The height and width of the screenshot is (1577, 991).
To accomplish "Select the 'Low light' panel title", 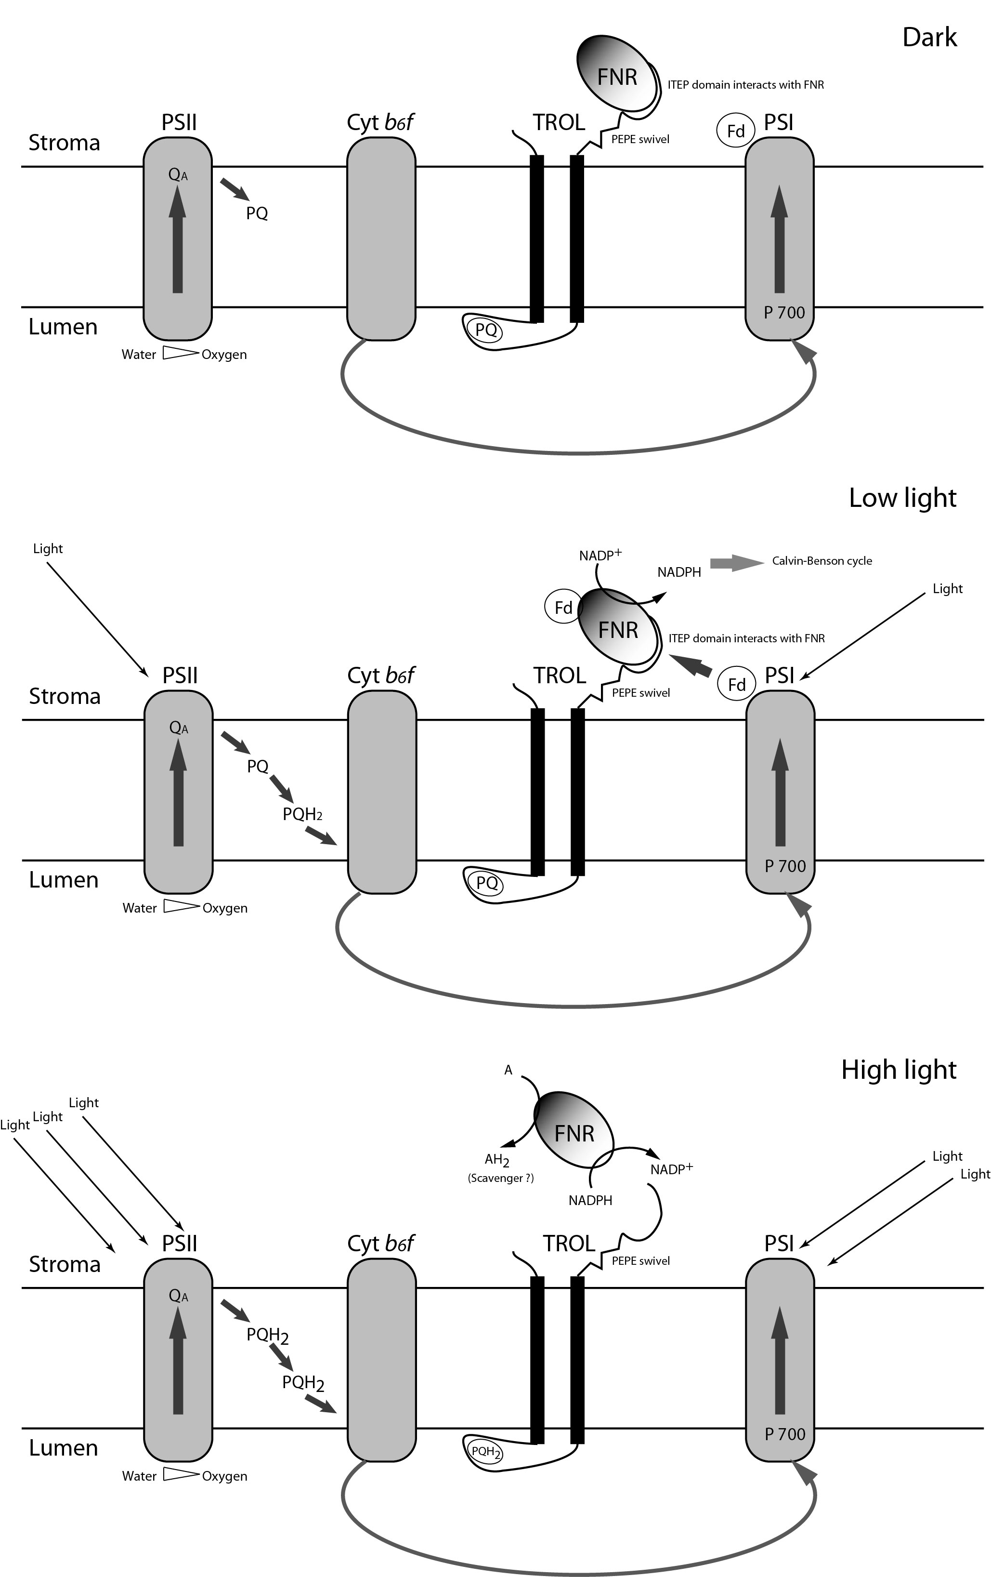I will coord(902,498).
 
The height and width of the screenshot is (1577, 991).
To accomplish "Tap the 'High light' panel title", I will coord(898,1070).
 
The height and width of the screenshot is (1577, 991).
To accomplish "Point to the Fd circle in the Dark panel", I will coord(735,131).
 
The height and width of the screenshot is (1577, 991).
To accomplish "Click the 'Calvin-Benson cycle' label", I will coord(821,560).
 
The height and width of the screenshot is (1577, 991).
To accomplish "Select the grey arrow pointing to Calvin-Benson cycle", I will coord(736,563).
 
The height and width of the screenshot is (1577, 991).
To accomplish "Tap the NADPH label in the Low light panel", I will coord(679,572).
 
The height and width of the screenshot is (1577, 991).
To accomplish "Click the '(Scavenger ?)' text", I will coord(501,1178).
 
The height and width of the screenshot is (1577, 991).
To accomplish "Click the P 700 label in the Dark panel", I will coord(784,312).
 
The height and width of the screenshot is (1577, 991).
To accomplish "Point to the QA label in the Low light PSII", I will coord(178,728).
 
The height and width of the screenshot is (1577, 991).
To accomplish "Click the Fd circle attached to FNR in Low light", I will coord(563,607).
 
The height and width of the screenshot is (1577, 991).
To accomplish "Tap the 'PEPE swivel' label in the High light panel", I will coord(640,1260).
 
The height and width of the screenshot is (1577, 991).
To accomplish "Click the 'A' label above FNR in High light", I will coord(508,1070).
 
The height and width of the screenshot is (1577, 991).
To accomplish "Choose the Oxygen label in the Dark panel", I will coord(224,354).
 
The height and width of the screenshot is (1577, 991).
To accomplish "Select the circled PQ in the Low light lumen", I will coord(487,883).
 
